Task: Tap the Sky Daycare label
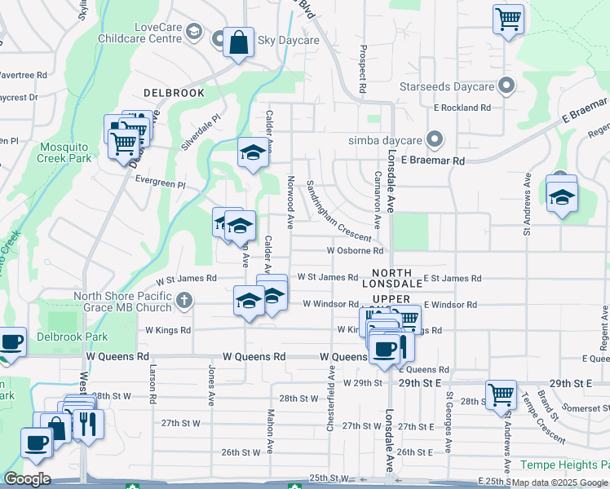click(288, 39)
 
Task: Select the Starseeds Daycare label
click(446, 86)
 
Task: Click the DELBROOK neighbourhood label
click(174, 93)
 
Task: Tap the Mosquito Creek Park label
click(64, 152)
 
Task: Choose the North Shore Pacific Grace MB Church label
click(123, 302)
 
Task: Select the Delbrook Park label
click(73, 337)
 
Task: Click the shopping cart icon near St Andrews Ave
click(501, 394)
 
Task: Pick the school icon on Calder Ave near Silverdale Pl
click(253, 152)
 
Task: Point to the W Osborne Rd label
click(355, 251)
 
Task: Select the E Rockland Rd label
click(462, 107)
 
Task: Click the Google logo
click(28, 479)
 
